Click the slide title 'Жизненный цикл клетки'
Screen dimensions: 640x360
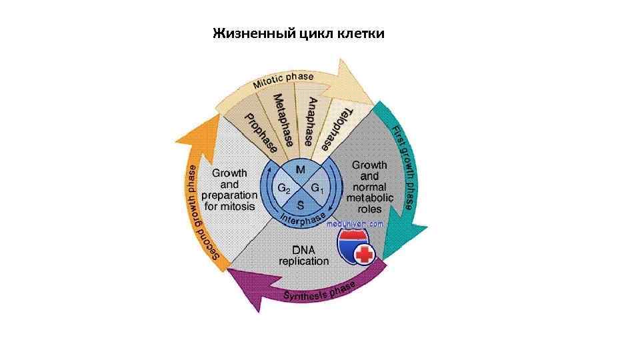coord(298,33)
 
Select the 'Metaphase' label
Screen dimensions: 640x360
coord(285,120)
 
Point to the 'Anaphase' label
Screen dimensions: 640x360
coord(311,121)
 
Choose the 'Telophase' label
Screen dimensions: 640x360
coord(337,129)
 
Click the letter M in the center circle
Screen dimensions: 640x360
coord(301,170)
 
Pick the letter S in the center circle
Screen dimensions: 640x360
coord(301,204)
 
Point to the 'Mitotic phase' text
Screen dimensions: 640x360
coord(283,81)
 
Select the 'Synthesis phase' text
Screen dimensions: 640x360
coord(319,291)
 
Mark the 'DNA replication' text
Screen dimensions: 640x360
coord(303,255)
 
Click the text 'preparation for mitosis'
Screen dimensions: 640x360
coord(229,201)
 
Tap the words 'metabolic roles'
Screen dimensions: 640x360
coord(370,203)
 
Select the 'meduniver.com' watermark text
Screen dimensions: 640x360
coord(355,224)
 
